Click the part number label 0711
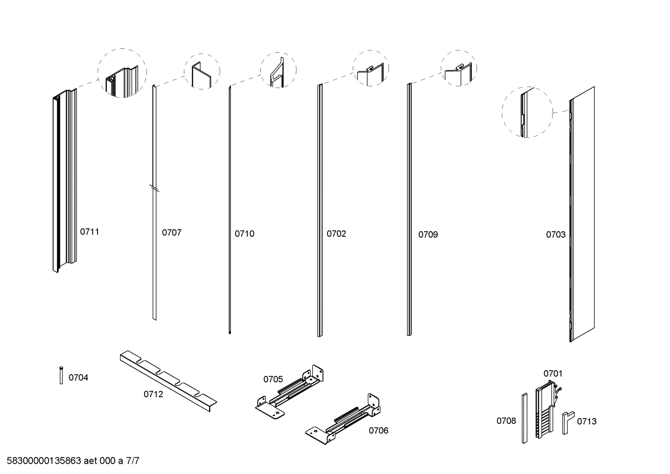tap(90, 232)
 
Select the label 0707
tap(171, 233)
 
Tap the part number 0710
tap(244, 234)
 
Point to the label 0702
tap(336, 234)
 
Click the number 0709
tap(428, 234)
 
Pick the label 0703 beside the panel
tap(556, 234)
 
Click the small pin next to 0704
tap(61, 375)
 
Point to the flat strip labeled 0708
tap(524, 418)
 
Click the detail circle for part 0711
tap(122, 73)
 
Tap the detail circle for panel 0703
tap(527, 112)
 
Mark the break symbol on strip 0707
tap(155, 188)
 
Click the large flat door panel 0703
tap(582, 214)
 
